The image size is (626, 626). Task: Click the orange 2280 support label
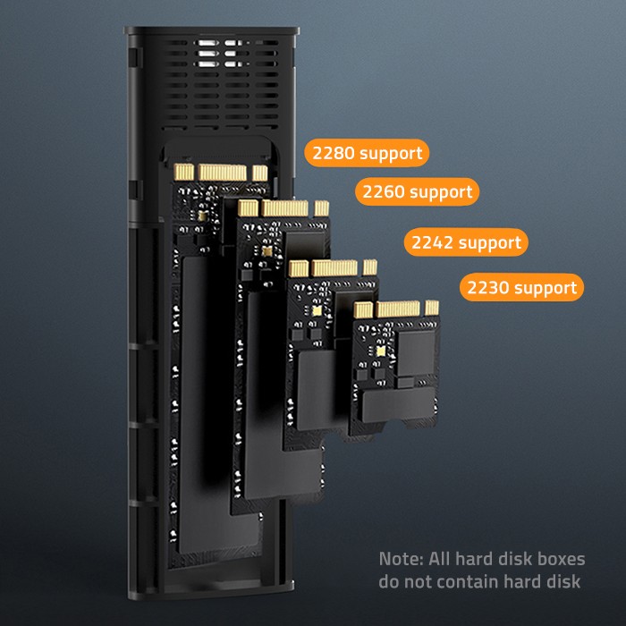(x=367, y=153)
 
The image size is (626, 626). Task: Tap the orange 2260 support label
(x=417, y=191)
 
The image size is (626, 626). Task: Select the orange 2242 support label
(x=465, y=242)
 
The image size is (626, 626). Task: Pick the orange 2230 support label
(x=521, y=288)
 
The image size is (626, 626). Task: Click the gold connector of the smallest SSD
(x=396, y=309)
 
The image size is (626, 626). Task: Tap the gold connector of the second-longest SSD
(x=285, y=207)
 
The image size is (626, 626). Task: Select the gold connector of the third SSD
(x=334, y=266)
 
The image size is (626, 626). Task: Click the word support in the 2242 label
(x=490, y=242)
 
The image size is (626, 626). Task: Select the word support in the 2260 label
(x=441, y=191)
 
